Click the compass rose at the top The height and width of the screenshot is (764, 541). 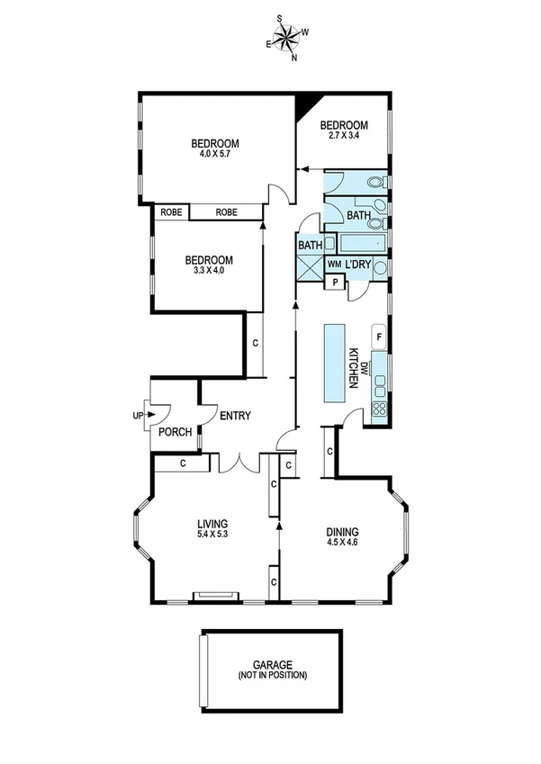click(x=288, y=37)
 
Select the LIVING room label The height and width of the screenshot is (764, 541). click(x=213, y=523)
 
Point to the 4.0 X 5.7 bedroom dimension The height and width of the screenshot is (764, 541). click(x=214, y=154)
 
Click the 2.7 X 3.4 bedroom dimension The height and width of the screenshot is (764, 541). click(x=345, y=136)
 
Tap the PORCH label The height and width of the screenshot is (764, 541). click(x=175, y=432)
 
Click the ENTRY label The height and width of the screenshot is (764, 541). click(x=234, y=416)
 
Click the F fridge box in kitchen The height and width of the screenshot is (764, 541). click(x=379, y=337)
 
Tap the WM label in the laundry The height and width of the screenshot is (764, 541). click(x=334, y=264)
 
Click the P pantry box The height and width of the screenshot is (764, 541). click(x=335, y=282)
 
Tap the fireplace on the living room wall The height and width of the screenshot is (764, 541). click(x=217, y=595)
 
